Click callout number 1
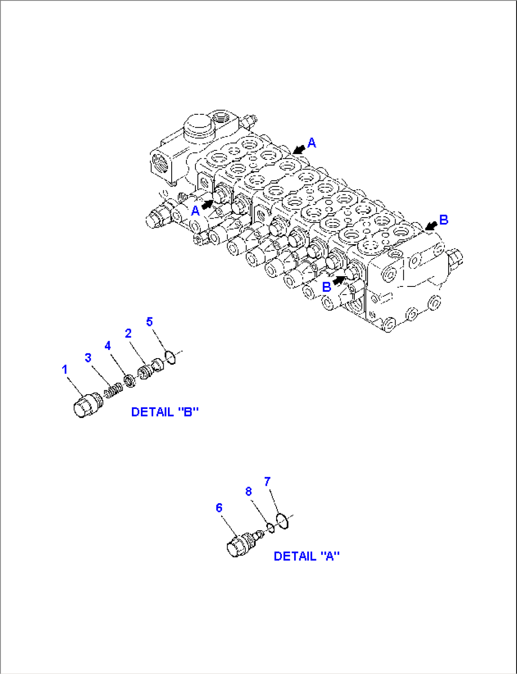(x=65, y=369)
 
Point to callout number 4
(x=108, y=346)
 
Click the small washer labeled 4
(x=129, y=380)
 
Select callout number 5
(x=149, y=322)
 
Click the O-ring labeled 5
(x=171, y=357)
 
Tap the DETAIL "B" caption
(x=165, y=412)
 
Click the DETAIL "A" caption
(x=306, y=556)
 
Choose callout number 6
(x=219, y=508)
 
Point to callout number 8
(x=249, y=491)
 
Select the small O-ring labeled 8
(x=270, y=527)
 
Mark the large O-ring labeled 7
(x=282, y=521)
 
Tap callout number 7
(x=268, y=482)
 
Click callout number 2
(x=128, y=333)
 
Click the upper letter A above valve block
(x=312, y=143)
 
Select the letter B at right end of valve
(x=443, y=220)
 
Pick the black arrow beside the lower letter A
(x=207, y=204)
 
